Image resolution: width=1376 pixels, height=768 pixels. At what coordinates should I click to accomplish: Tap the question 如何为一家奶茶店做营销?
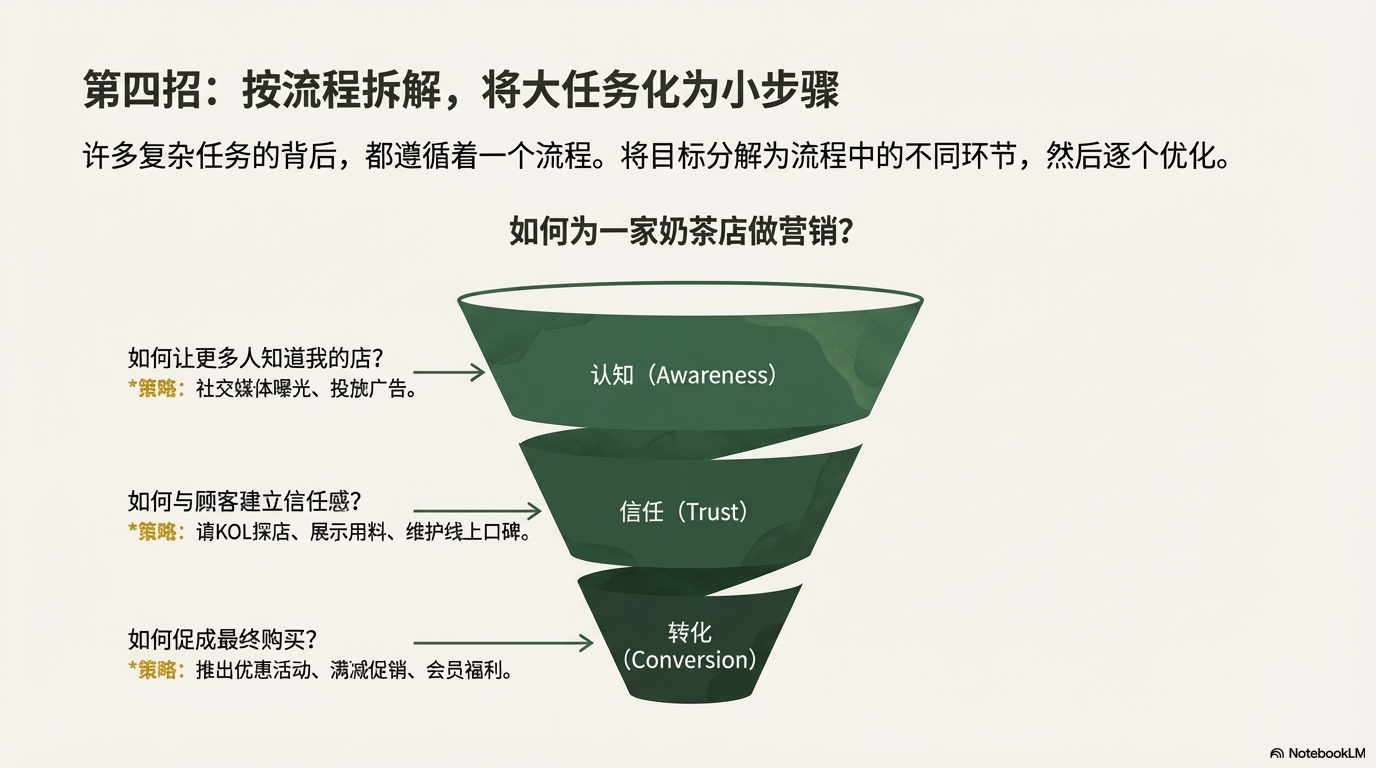click(680, 232)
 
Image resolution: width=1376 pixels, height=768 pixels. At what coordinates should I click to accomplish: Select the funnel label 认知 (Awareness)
click(684, 375)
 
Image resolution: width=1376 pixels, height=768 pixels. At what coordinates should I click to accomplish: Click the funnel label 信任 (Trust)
click(684, 512)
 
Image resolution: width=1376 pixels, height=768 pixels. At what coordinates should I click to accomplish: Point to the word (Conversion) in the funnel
click(689, 660)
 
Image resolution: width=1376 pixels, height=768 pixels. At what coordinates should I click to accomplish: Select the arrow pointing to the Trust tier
click(476, 511)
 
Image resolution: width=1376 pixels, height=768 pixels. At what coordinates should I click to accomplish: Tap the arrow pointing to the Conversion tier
click(503, 643)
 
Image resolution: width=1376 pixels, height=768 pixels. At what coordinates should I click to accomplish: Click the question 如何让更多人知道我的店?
click(257, 358)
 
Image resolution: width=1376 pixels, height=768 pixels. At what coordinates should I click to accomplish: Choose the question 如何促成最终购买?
click(229, 639)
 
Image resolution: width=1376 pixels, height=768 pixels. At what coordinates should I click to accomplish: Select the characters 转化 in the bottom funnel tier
click(689, 632)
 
